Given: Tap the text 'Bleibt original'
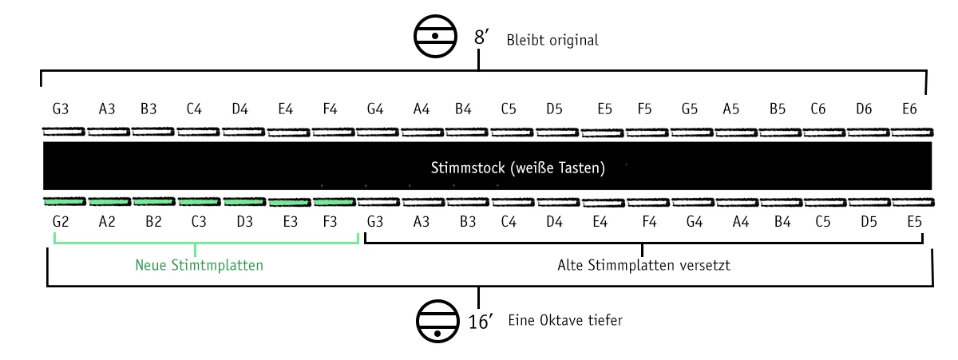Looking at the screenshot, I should [552, 40].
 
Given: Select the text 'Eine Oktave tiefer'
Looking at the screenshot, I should [564, 320].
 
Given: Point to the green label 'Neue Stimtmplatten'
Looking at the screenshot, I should [200, 266].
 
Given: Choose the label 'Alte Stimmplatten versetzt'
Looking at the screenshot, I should [643, 266].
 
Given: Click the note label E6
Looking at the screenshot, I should [909, 109].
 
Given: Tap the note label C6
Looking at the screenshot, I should [817, 109].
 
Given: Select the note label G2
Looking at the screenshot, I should [61, 220].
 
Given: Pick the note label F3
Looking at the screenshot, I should [329, 220].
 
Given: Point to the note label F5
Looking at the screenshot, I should [644, 109].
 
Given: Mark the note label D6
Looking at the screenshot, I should [864, 109].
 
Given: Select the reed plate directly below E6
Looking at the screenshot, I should [912, 132].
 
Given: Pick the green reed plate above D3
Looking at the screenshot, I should [244, 201].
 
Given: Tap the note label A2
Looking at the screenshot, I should [106, 220].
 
